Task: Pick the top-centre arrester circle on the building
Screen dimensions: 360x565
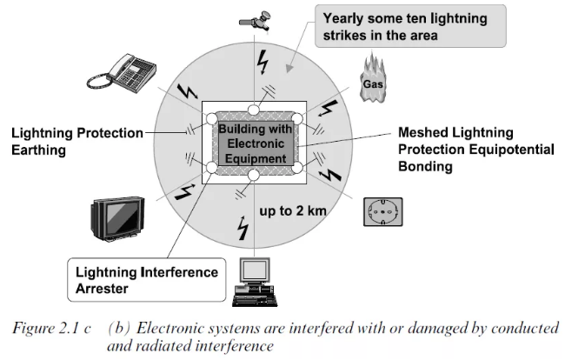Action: click(x=252, y=110)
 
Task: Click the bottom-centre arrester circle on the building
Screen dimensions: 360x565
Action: click(x=252, y=175)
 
